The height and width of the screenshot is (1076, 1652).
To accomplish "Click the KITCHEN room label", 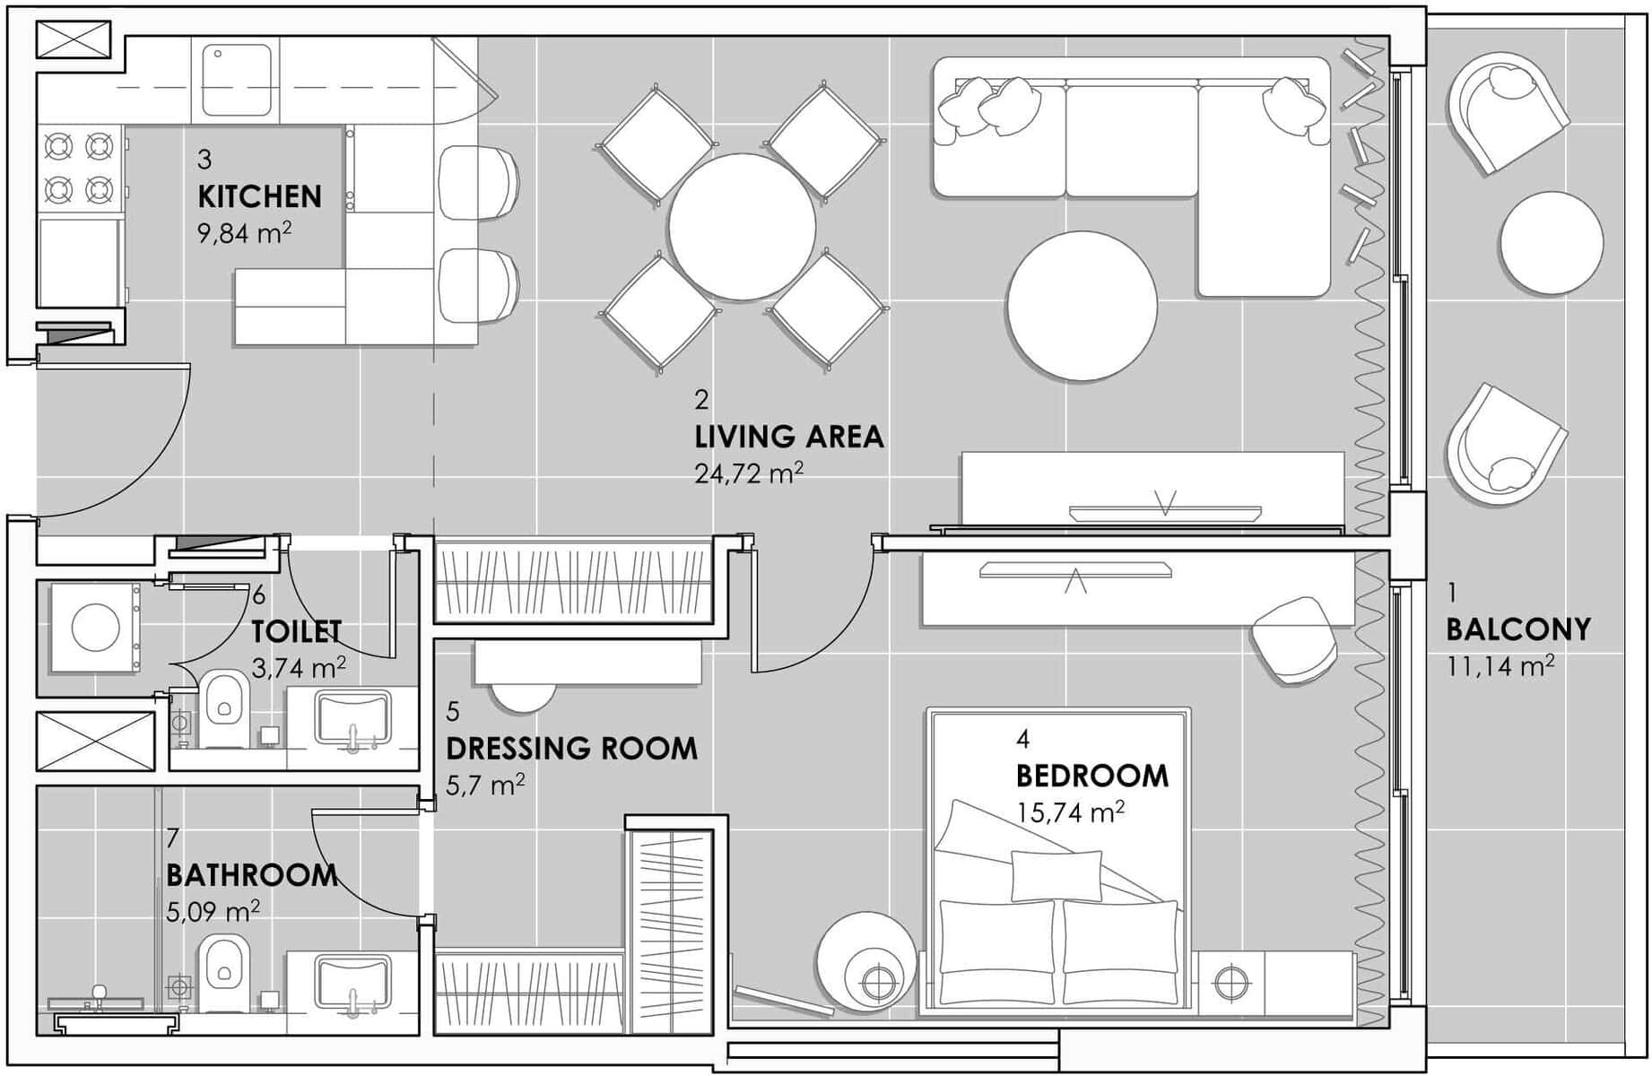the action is pyautogui.click(x=259, y=196).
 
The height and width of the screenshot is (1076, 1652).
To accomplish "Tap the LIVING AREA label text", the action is pyautogui.click(x=789, y=437).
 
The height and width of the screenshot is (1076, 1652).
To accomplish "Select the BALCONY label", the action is pyautogui.click(x=1518, y=629).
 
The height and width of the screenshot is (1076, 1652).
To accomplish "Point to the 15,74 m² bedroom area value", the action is pyautogui.click(x=1071, y=811).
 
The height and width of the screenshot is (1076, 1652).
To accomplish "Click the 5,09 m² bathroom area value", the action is pyautogui.click(x=213, y=911).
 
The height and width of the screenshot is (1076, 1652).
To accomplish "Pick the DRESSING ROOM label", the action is pyautogui.click(x=571, y=749).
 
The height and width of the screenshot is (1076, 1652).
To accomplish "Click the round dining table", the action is pyautogui.click(x=743, y=227).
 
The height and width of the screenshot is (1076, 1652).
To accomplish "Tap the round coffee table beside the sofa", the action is pyautogui.click(x=1082, y=306).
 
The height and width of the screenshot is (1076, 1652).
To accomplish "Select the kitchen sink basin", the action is pyautogui.click(x=237, y=81).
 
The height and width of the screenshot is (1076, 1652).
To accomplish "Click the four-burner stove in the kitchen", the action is pyautogui.click(x=80, y=168).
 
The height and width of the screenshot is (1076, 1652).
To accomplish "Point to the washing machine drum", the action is pyautogui.click(x=96, y=627).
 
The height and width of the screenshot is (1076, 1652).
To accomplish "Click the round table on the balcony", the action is pyautogui.click(x=1551, y=243).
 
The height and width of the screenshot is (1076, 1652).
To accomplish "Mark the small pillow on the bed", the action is pyautogui.click(x=1056, y=875).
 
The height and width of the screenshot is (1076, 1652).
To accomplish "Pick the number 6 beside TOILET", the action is pyautogui.click(x=259, y=594).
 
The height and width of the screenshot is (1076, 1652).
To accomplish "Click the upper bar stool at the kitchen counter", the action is pyautogui.click(x=479, y=182).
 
